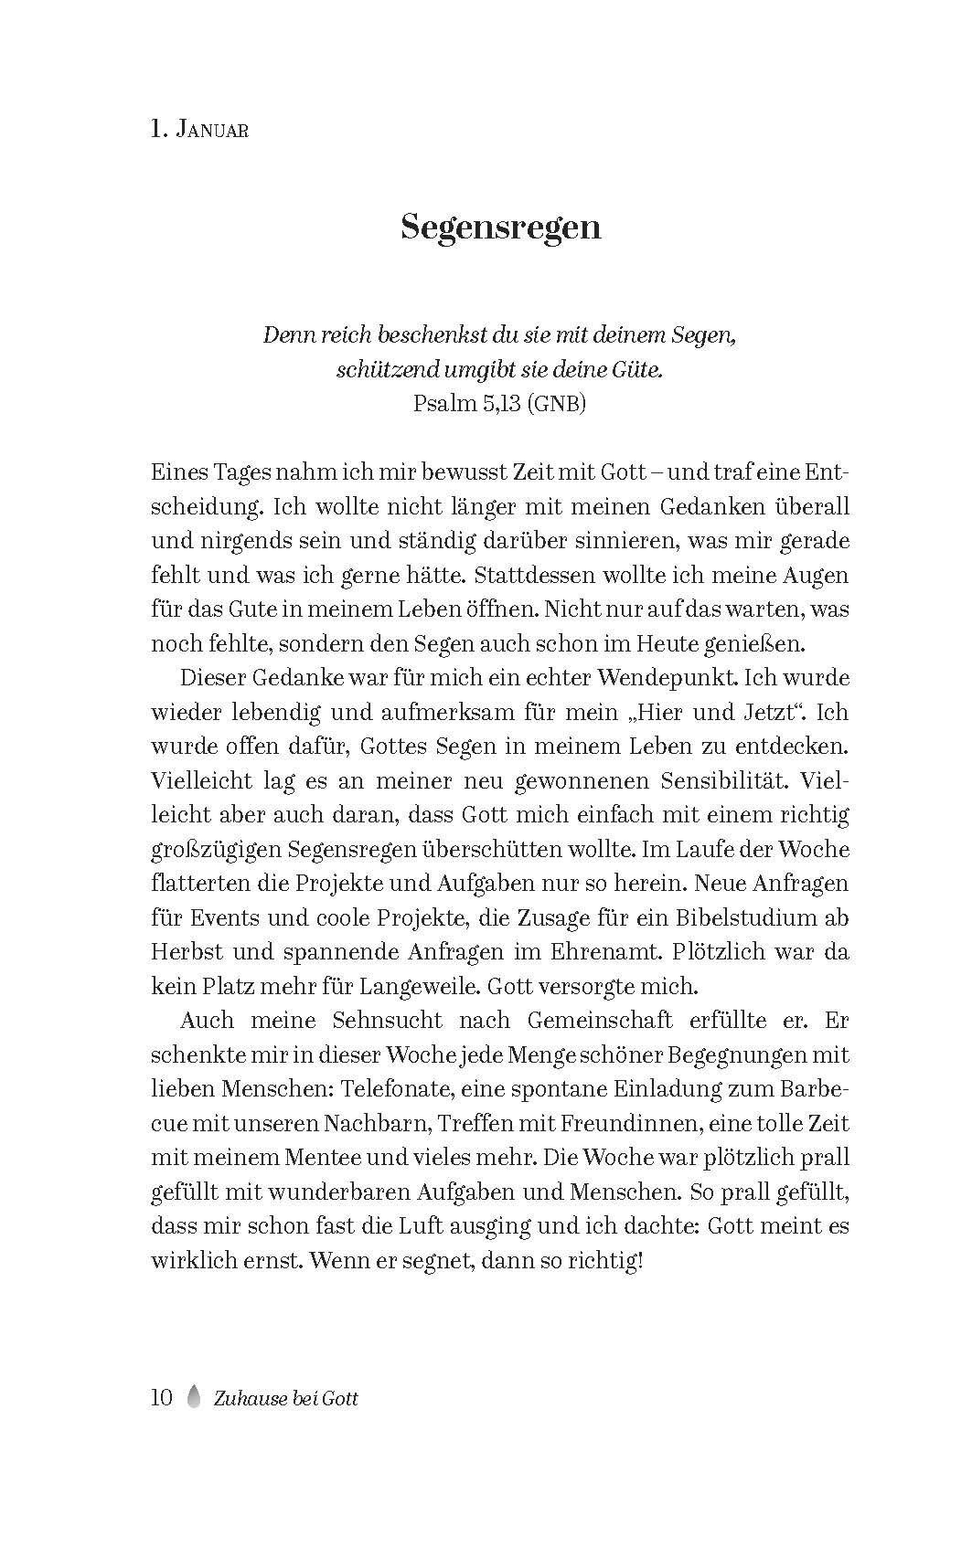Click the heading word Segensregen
coord(500,228)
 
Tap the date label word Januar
coord(212,131)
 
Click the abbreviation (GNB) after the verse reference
coord(556,404)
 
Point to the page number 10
coord(161,1397)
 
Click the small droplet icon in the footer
coord(193,1397)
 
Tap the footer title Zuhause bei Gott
coord(283,1398)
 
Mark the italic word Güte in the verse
coord(638,370)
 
